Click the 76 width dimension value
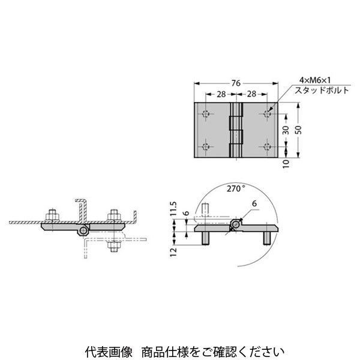click(x=236, y=83)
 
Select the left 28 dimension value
click(x=221, y=94)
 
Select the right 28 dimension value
click(x=251, y=94)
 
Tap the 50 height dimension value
click(x=298, y=130)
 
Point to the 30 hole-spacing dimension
click(x=286, y=130)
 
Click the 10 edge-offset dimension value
click(x=286, y=164)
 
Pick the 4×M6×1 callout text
click(x=315, y=80)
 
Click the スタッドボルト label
click(x=322, y=90)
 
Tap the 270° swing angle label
click(x=236, y=189)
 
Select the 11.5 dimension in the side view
click(x=173, y=209)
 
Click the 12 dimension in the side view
click(x=173, y=252)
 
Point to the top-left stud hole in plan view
click(x=206, y=113)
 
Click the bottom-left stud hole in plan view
click(x=206, y=146)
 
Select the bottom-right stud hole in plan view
click(x=267, y=146)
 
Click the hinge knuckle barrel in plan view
click(x=236, y=130)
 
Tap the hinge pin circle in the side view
click(x=235, y=224)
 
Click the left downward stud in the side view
click(x=205, y=238)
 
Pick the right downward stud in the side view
click(x=267, y=238)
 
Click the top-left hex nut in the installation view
click(x=53, y=215)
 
